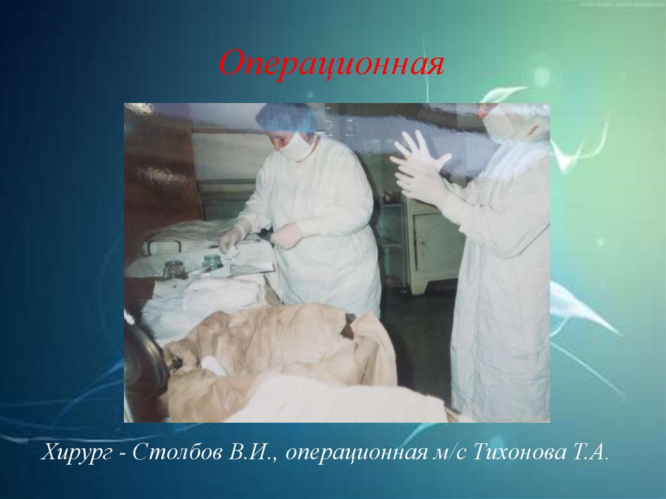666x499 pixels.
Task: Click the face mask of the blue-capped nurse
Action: click(296, 146)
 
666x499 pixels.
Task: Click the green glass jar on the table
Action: click(211, 262)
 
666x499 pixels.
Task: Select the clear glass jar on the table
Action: click(174, 269)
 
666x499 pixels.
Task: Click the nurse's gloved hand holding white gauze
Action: click(230, 240)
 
